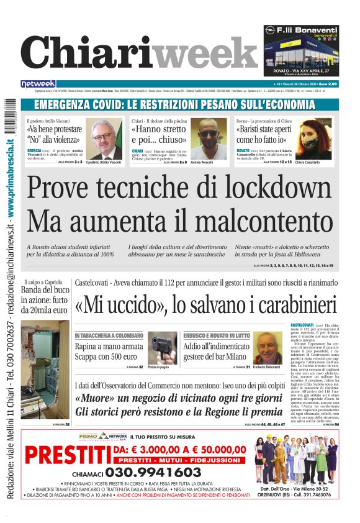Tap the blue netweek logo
pos(38,83)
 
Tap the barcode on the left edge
pos(11,115)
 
